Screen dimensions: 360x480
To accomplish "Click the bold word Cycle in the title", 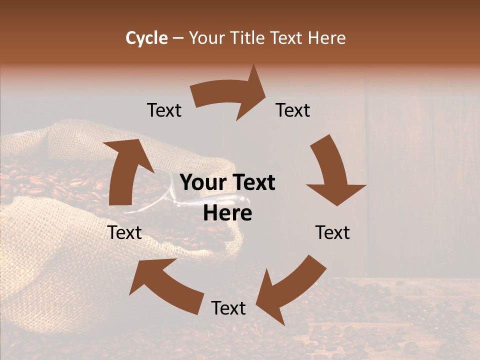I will [146, 38].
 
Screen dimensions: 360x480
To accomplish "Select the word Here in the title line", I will [327, 38].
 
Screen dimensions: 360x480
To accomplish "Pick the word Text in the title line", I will [286, 38].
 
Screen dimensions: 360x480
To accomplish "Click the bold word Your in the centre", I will [202, 183].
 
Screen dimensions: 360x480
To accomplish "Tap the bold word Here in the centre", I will [227, 213].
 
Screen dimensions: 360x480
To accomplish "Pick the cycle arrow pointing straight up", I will [125, 170].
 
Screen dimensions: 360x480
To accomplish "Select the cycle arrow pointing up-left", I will [165, 285].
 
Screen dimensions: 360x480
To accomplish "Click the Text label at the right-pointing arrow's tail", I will [164, 110].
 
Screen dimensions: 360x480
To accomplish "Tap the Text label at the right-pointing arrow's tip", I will [293, 110].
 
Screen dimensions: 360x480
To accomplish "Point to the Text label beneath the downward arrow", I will [332, 232].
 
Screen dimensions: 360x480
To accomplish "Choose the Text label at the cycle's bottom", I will [228, 308].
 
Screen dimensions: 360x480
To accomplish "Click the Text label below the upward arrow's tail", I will [124, 232].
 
